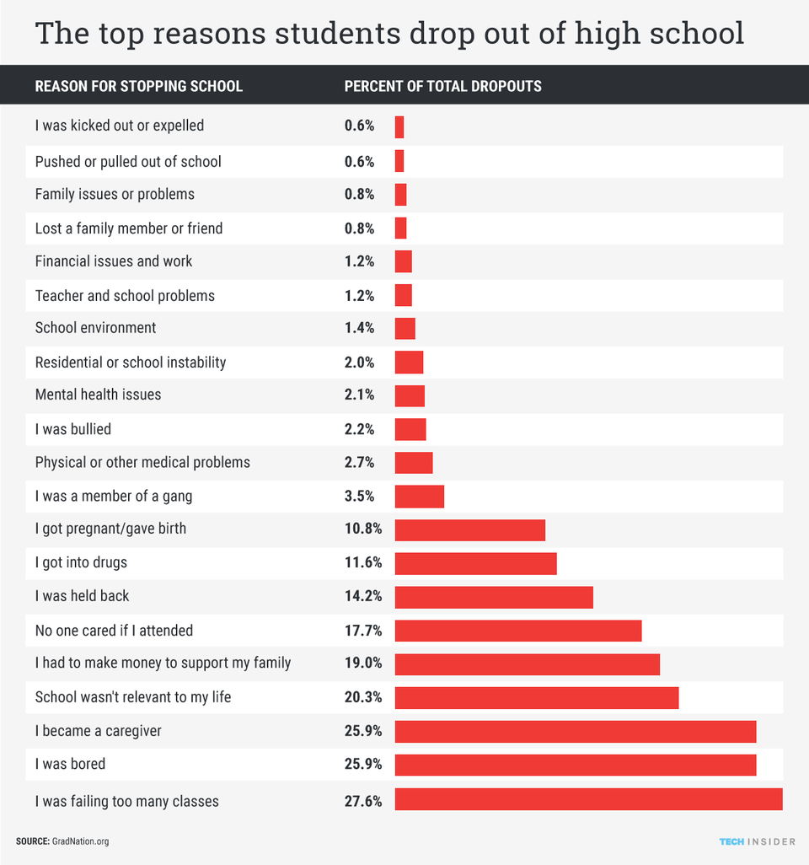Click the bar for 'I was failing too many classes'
click(x=588, y=799)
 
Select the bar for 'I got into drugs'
click(x=475, y=563)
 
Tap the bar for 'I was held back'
click(x=494, y=597)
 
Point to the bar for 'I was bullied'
click(x=410, y=429)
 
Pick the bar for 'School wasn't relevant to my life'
click(x=536, y=698)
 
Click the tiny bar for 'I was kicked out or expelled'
click(x=399, y=127)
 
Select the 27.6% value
click(x=363, y=801)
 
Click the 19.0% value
click(x=363, y=664)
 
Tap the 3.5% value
click(x=360, y=496)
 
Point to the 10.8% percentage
click(x=363, y=529)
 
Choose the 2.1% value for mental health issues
click(x=360, y=395)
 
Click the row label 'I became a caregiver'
click(x=98, y=731)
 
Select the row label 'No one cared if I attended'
click(x=114, y=631)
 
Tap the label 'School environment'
click(x=95, y=328)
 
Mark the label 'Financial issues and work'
click(x=113, y=261)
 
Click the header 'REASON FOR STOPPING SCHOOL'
click(x=138, y=86)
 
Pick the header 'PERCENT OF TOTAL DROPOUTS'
click(x=442, y=86)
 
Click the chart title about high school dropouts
click(x=389, y=34)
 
